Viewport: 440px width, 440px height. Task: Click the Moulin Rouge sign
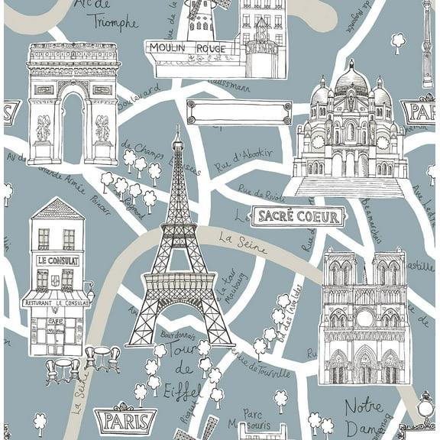pyautogui.click(x=188, y=48)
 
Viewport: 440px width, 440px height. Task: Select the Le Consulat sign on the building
pyautogui.click(x=58, y=260)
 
